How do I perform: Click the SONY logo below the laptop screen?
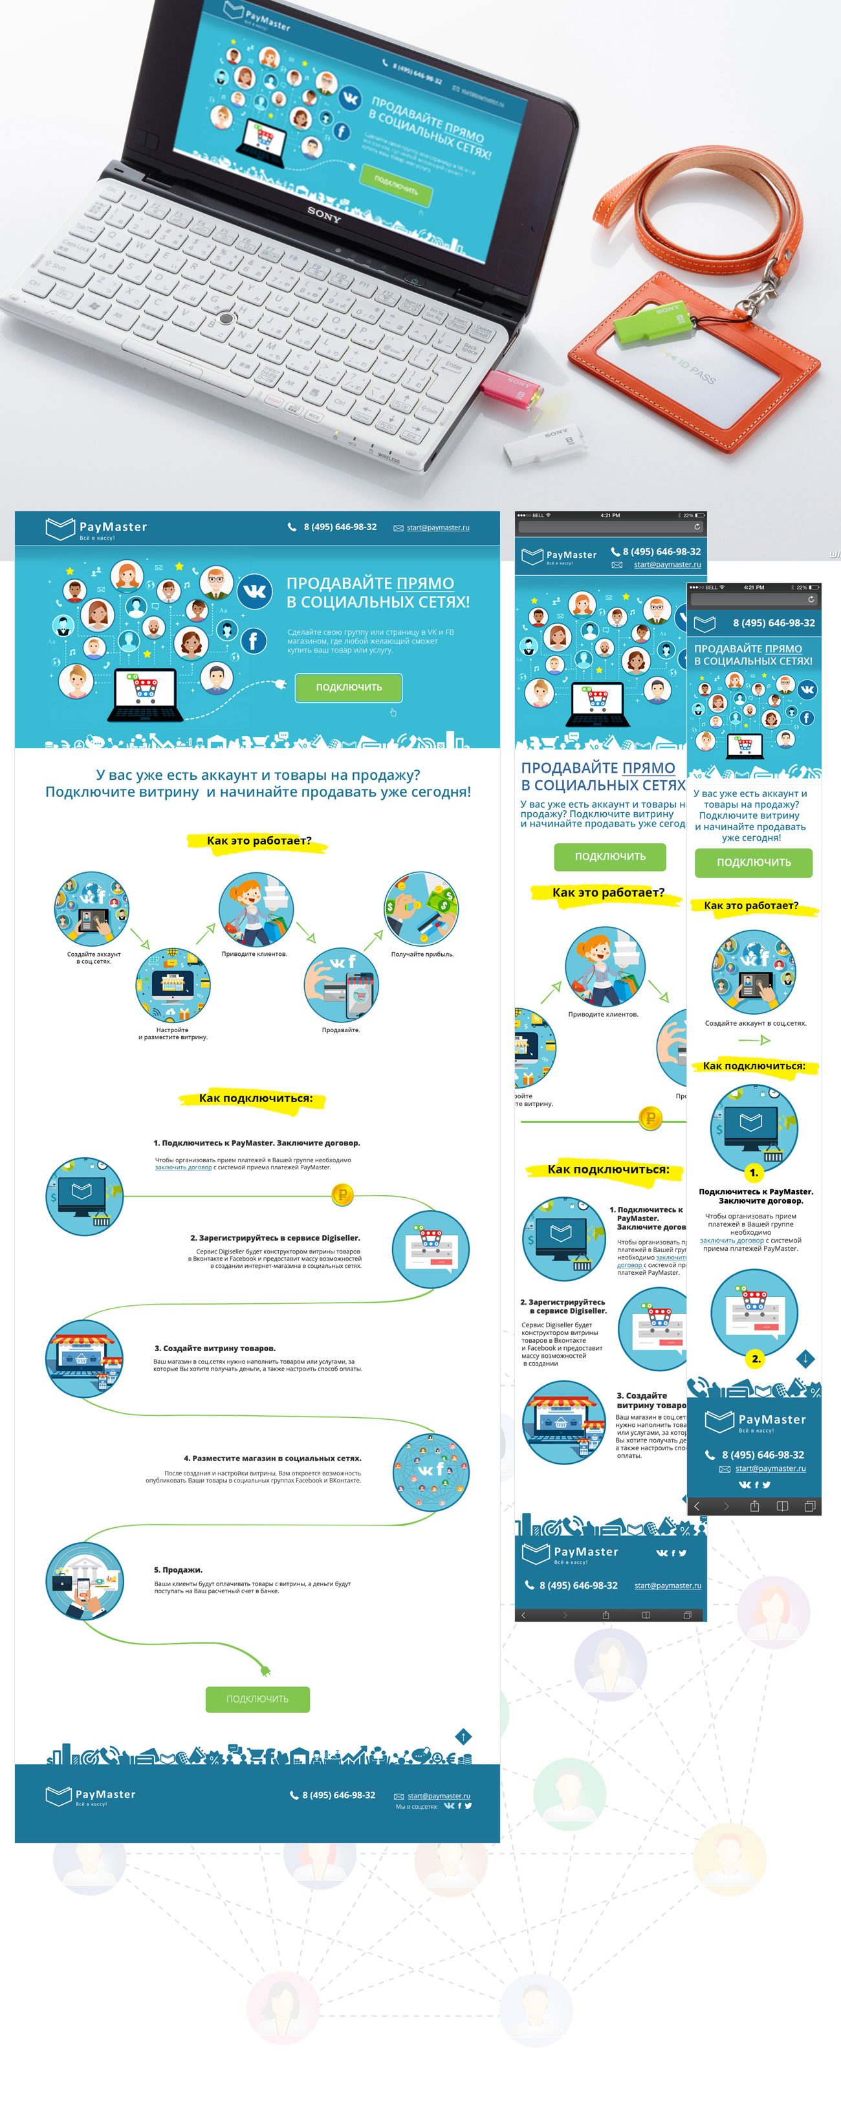[323, 215]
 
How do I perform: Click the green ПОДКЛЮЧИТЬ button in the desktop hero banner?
[348, 687]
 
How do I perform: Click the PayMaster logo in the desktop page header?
[96, 528]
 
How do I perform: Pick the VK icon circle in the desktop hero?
[255, 591]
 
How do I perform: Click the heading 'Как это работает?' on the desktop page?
[258, 840]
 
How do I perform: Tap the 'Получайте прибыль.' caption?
[422, 955]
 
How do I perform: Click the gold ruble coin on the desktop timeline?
[342, 1194]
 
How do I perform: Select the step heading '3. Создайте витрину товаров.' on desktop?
[215, 1348]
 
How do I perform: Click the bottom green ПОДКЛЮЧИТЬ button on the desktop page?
[257, 1699]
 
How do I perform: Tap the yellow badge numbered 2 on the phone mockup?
[756, 1359]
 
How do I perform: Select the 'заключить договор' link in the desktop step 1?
[184, 1167]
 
